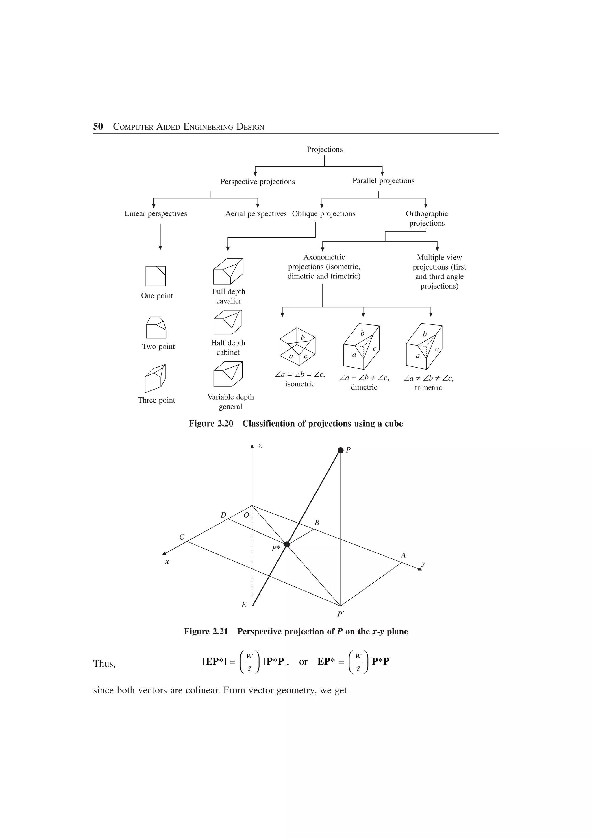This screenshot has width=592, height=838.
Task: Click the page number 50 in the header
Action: pos(98,127)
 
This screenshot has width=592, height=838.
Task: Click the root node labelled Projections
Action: pos(324,149)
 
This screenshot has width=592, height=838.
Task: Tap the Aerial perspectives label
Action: pos(256,213)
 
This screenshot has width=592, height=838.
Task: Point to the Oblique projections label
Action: pos(323,213)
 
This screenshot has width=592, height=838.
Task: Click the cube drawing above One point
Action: pos(156,276)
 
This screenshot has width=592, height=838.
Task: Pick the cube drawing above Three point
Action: pos(156,378)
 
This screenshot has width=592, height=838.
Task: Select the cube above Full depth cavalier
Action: pos(228,271)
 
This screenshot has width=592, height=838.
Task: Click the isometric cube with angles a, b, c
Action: pos(297,346)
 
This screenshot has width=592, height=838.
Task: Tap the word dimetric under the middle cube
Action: pos(364,387)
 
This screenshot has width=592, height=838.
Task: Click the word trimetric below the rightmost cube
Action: pos(428,387)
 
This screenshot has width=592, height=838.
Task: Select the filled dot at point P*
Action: pos(287,544)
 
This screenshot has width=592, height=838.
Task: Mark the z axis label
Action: pos(260,446)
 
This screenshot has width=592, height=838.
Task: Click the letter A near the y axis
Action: pos(403,555)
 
